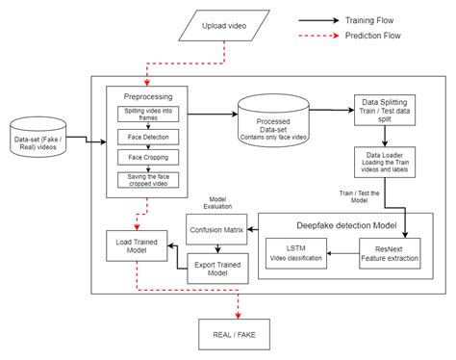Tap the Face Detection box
[147, 137]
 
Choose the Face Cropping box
[147, 157]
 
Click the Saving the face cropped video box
[147, 179]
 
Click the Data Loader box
[384, 161]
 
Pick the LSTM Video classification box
[295, 256]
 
